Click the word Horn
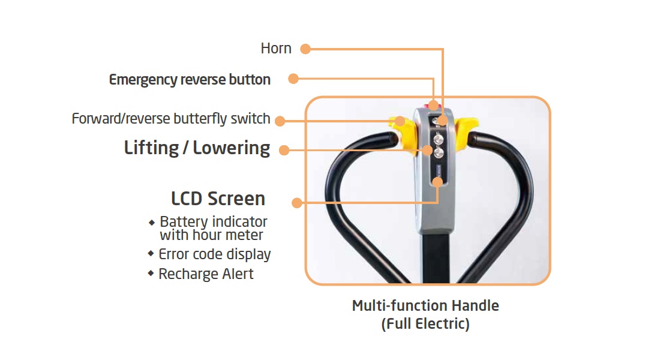pos(276,49)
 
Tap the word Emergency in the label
pos(143,80)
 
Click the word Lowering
pos(232,148)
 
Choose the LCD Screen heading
pos(218,199)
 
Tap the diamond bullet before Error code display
pos(151,254)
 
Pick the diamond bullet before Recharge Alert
pos(151,274)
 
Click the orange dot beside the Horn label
pos(305,49)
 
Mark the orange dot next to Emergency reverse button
pos(293,79)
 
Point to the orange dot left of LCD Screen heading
pos(296,203)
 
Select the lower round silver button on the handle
pos(439,154)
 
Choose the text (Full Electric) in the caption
pos(425,325)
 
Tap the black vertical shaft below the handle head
pos(435,258)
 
